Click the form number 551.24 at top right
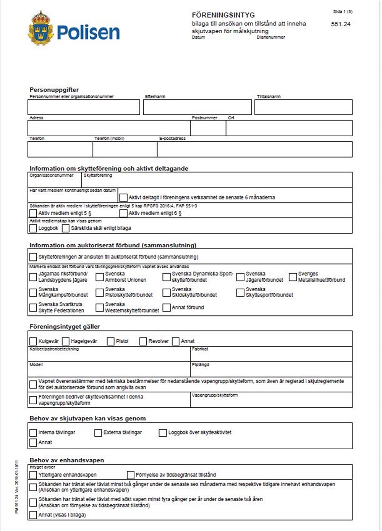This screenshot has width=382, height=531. click(x=340, y=24)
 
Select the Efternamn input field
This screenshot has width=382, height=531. click(x=197, y=107)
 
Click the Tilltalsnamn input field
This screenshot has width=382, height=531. click(x=303, y=107)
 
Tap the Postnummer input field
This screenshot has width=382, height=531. click(x=208, y=128)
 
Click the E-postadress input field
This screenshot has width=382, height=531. click(x=254, y=150)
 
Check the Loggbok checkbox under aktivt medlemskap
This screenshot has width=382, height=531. click(x=33, y=228)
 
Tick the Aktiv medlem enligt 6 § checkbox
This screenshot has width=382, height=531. click(x=123, y=213)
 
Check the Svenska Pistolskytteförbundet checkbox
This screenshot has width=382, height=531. click(x=100, y=292)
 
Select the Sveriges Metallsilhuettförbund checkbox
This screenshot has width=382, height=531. click(x=293, y=277)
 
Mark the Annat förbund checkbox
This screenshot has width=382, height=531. click(x=167, y=308)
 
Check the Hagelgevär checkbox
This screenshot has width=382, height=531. click(x=66, y=341)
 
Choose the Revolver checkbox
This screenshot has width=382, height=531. click(x=143, y=341)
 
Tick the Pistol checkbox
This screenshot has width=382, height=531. click(x=111, y=341)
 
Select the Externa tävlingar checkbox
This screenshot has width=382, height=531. click(x=98, y=433)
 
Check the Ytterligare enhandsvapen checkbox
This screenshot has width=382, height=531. click(x=33, y=475)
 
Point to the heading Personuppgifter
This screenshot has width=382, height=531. click(x=54, y=90)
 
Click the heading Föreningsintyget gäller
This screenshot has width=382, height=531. click(x=65, y=327)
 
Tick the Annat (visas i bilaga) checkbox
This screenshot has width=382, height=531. click(x=33, y=515)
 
